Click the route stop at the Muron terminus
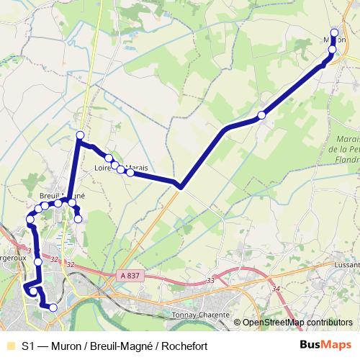[x=334, y=32]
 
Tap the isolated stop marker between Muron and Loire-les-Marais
[x=262, y=114]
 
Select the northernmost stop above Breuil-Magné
[x=80, y=135]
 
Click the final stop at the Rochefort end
[x=53, y=307]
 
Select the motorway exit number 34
[x=276, y=289]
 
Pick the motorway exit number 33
[x=210, y=280]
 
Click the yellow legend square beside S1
[x=9, y=346]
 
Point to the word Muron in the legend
[x=60, y=346]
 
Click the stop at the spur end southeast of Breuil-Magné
[x=78, y=219]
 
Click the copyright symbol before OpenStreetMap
[x=237, y=323]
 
